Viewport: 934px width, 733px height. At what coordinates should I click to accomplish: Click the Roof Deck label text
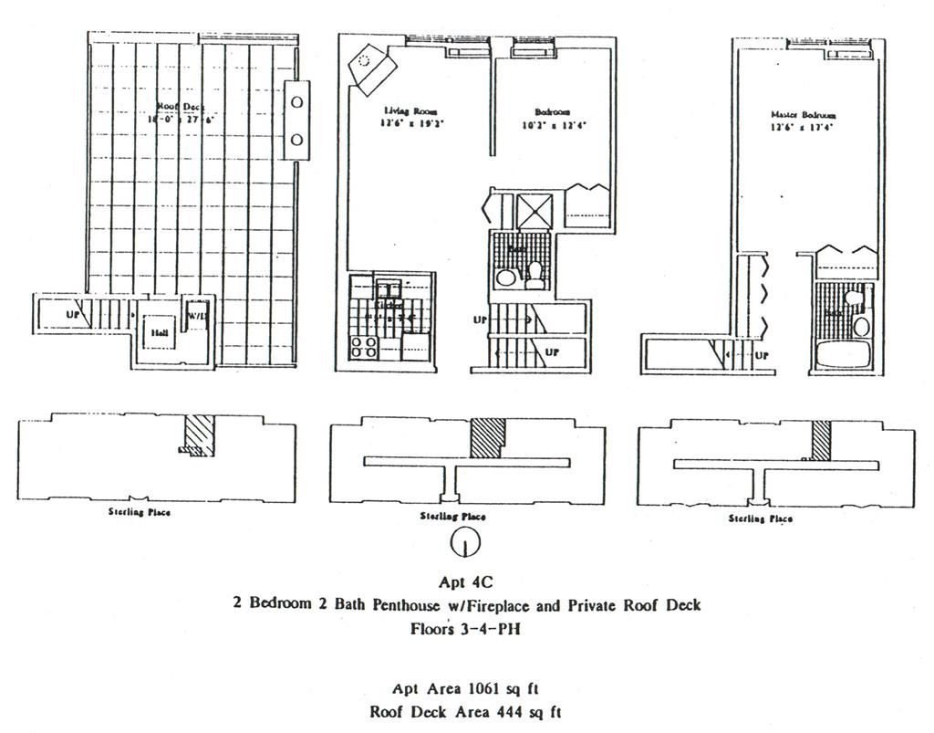click(180, 106)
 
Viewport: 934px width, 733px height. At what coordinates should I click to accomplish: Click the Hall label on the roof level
click(157, 334)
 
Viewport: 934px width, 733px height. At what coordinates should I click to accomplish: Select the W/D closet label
click(197, 316)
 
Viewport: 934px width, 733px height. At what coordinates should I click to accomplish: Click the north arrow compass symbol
click(466, 544)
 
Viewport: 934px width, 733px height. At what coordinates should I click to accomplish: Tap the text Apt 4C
click(466, 581)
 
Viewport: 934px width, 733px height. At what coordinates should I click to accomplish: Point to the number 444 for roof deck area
click(511, 711)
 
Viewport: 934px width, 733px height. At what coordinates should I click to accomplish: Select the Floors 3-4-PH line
click(466, 628)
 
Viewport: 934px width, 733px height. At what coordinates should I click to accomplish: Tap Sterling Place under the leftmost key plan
click(139, 512)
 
